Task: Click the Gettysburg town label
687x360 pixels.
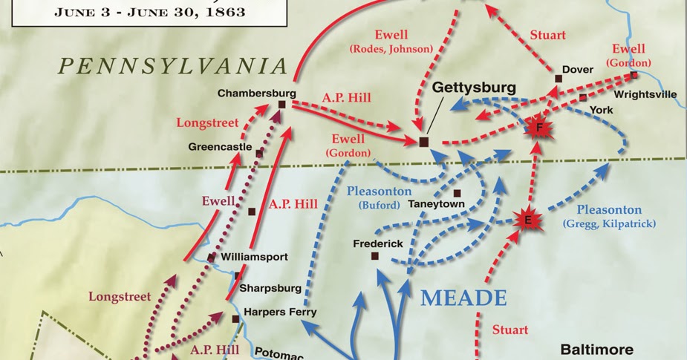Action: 474,88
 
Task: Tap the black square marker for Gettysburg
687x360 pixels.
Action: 424,141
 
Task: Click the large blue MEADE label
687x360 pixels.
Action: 463,298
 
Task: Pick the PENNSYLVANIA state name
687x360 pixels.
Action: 173,66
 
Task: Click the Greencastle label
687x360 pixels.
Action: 220,147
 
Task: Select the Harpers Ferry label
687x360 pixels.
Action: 280,312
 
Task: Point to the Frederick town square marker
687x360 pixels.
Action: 375,256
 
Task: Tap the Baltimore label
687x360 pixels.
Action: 596,349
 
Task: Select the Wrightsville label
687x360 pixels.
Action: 645,95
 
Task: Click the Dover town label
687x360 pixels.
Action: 577,70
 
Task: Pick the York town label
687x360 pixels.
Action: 600,109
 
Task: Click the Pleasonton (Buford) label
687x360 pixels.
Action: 380,197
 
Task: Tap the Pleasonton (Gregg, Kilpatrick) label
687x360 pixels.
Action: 609,216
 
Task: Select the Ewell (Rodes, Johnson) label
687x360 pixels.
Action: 391,42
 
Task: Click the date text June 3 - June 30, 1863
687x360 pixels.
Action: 149,13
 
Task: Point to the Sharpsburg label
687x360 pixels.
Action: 272,288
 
